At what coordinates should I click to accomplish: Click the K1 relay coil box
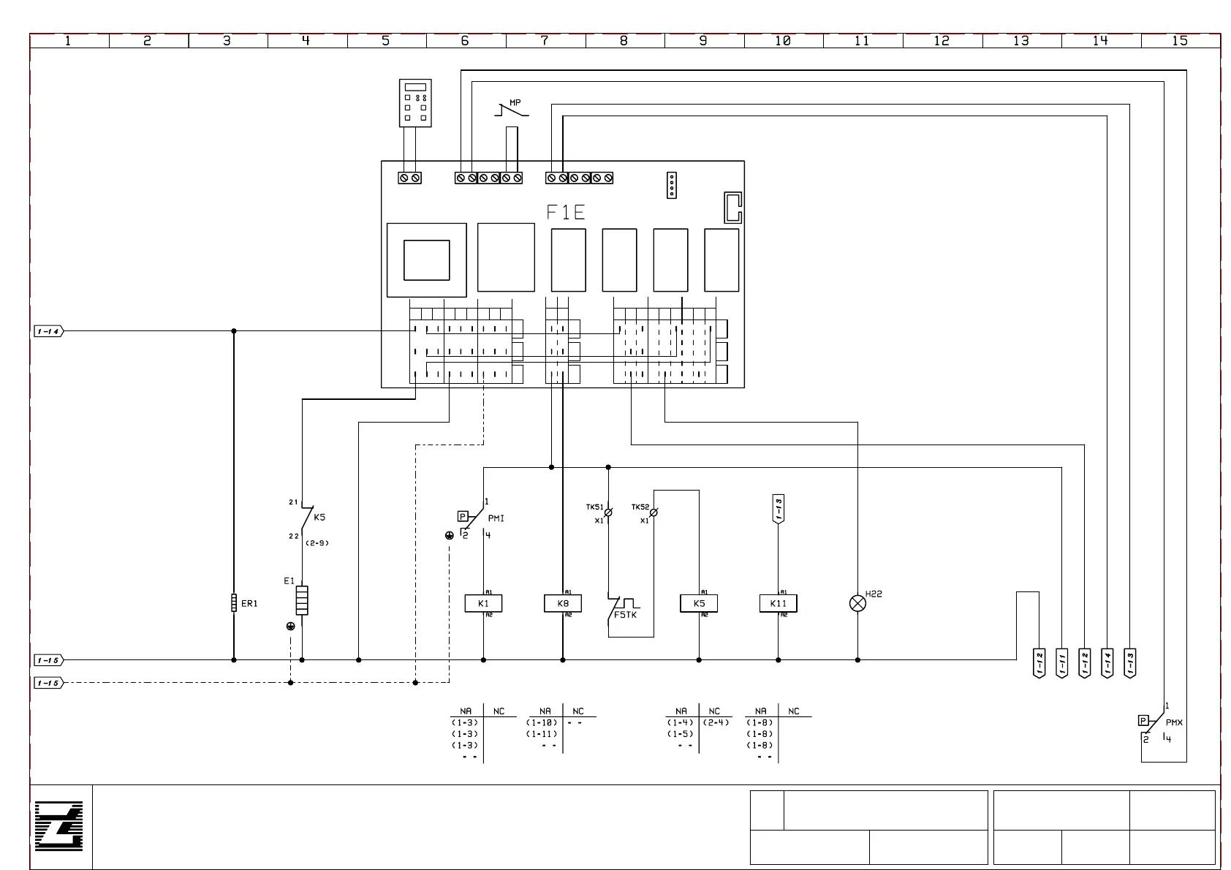[x=483, y=603]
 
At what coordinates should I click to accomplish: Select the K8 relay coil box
[x=563, y=603]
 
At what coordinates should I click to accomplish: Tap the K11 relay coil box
[x=778, y=603]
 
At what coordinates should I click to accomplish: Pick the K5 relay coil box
[x=699, y=603]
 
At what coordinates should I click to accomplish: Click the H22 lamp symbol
[x=857, y=603]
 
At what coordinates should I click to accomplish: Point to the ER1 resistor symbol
[x=234, y=603]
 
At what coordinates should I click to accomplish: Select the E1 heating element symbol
[x=302, y=600]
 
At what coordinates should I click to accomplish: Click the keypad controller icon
[x=415, y=102]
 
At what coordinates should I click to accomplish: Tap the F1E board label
[x=566, y=213]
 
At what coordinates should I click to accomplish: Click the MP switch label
[x=515, y=103]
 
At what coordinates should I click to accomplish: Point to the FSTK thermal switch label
[x=625, y=615]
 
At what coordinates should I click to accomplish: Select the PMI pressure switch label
[x=496, y=518]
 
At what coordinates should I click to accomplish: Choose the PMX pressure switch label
[x=1174, y=722]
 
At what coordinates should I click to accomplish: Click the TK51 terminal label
[x=594, y=507]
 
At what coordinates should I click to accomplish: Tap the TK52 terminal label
[x=640, y=507]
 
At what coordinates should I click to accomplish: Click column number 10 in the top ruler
[x=783, y=41]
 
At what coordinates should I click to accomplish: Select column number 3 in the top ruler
[x=227, y=41]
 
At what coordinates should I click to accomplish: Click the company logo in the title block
[x=59, y=826]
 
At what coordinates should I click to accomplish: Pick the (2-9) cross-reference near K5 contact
[x=317, y=543]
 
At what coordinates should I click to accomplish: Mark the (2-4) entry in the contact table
[x=716, y=722]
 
